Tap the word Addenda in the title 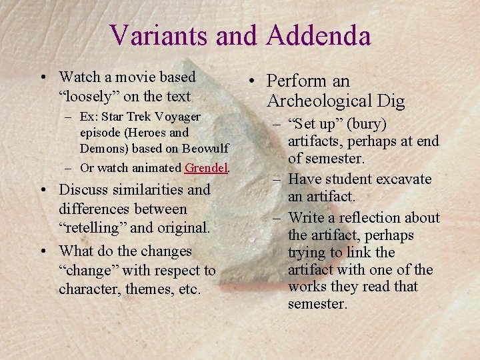tap(318, 35)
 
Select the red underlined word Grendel tap(207, 168)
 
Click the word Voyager tap(176, 117)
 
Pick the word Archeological tap(312, 101)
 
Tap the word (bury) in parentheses tap(367, 125)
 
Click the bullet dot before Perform tap(254, 83)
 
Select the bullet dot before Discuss tap(44, 191)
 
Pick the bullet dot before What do tap(44, 252)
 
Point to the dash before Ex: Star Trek tap(69, 117)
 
